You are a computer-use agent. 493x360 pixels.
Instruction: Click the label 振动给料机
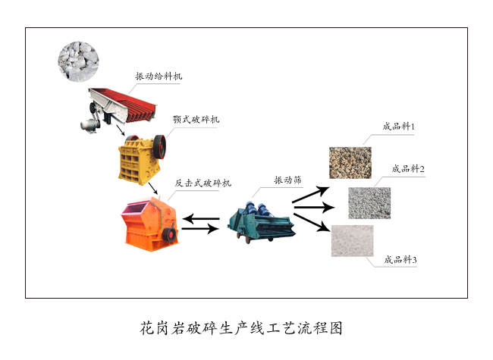[159, 76]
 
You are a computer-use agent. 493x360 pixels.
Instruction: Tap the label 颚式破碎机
[196, 120]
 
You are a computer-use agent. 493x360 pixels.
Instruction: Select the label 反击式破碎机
[203, 183]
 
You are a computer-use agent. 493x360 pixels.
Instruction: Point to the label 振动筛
[287, 180]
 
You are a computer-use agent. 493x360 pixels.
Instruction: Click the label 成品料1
[399, 127]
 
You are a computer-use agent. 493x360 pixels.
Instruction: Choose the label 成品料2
[408, 169]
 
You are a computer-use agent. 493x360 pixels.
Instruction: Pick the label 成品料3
[400, 259]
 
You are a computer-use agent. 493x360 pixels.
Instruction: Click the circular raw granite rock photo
[78, 61]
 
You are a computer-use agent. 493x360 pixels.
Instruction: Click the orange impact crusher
[149, 224]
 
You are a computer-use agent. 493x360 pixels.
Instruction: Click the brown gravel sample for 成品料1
[350, 163]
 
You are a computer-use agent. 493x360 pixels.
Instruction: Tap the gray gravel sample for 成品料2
[369, 203]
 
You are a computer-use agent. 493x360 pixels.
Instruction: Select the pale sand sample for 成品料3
[353, 241]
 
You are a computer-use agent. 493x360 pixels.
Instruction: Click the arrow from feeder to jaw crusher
[121, 130]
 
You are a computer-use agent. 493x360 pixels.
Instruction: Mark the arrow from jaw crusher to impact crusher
[152, 188]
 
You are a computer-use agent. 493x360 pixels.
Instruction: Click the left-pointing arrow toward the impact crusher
[200, 218]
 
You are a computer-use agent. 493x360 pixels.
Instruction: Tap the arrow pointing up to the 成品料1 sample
[311, 195]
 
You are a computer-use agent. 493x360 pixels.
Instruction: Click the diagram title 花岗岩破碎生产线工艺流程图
[241, 328]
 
